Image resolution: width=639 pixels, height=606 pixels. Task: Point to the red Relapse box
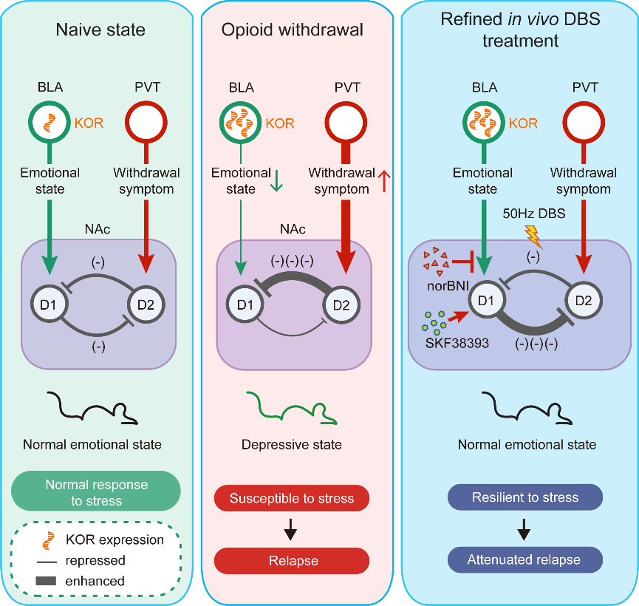pos(292,561)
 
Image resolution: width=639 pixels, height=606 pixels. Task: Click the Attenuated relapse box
pos(524,559)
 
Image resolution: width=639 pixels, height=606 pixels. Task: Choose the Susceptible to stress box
pos(292,499)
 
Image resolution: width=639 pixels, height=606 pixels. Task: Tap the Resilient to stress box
pos(524,497)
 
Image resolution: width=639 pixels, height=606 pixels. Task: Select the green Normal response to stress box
pos(97,492)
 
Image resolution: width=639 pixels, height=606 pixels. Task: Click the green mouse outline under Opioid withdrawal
pos(292,409)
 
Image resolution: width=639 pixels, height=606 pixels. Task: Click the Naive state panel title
pos(100,31)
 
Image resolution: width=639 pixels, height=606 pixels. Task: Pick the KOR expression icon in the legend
pos(48,541)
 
